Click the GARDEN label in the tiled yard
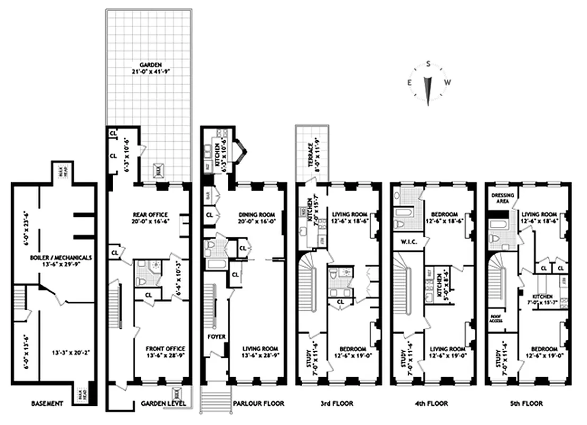point(149,65)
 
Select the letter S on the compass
point(428,64)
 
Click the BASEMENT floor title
point(47,404)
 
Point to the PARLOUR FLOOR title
point(259,404)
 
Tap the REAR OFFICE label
point(150,215)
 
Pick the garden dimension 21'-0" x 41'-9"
point(149,72)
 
